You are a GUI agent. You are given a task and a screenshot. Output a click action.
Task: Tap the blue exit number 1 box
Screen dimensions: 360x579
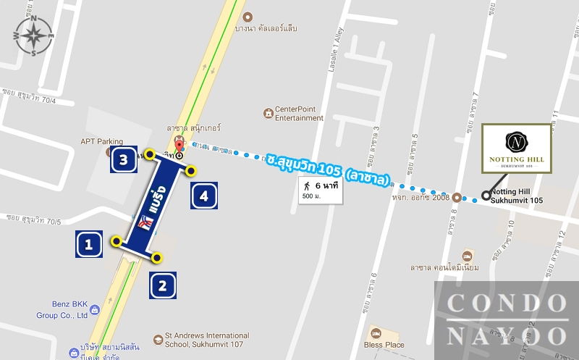point(89,244)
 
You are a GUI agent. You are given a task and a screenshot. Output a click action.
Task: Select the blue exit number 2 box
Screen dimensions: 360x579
point(163,285)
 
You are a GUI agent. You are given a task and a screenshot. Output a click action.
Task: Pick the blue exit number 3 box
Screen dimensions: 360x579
point(124,159)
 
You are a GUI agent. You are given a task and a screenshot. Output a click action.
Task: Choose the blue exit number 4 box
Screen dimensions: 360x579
point(204,196)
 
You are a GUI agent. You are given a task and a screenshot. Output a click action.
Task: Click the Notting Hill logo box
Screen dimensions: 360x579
point(517,148)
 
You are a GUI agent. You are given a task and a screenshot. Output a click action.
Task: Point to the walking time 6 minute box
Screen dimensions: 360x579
point(318,191)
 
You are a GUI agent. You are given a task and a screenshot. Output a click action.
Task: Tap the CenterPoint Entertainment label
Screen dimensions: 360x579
point(299,114)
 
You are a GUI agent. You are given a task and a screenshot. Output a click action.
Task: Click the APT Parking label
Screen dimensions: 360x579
point(101,142)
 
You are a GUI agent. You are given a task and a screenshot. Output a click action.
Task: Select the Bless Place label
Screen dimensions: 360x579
point(384,345)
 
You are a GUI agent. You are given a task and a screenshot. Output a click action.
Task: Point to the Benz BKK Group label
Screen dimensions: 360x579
point(62,311)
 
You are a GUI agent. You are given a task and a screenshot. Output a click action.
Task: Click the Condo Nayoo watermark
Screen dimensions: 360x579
point(507,319)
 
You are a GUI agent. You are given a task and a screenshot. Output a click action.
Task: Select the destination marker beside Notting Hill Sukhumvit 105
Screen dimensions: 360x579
point(485,194)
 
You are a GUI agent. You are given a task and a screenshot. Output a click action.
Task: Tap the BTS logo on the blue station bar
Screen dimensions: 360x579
point(144,225)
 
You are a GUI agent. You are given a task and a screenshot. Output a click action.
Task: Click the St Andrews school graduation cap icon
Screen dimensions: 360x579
point(158,339)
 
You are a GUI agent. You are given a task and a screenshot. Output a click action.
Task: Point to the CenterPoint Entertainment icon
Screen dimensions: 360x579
point(269,113)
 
